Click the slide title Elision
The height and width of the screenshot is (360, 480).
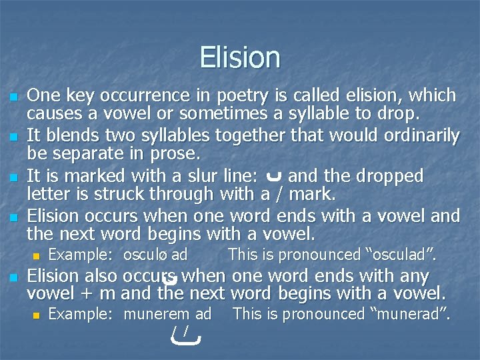click(240, 57)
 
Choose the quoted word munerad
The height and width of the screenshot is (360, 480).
click(415, 314)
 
